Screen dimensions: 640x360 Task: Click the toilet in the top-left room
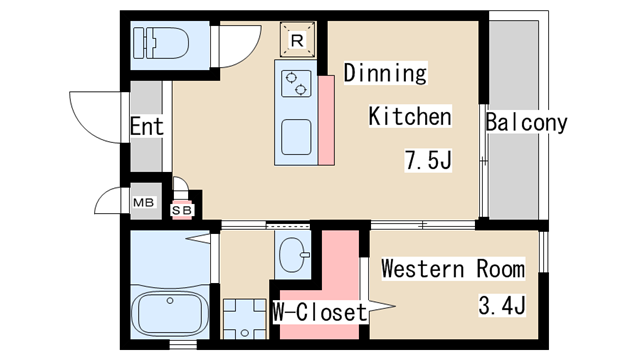click(x=161, y=43)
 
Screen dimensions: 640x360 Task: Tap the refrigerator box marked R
click(x=298, y=40)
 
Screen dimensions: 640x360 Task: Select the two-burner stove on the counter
click(x=296, y=83)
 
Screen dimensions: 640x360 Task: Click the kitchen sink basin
click(x=296, y=137)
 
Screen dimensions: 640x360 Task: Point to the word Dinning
click(x=385, y=73)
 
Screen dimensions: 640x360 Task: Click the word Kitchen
click(x=410, y=116)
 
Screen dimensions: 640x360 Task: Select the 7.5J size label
click(x=428, y=160)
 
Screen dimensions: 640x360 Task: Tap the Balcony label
click(x=527, y=122)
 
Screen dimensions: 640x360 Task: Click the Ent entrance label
click(x=147, y=126)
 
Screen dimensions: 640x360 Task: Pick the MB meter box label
click(x=144, y=202)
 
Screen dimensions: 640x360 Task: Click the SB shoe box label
click(x=182, y=210)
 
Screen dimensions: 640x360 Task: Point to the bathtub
click(x=169, y=313)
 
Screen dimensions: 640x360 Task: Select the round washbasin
click(x=293, y=255)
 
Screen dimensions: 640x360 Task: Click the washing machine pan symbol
click(x=244, y=319)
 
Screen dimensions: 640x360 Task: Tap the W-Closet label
click(x=320, y=312)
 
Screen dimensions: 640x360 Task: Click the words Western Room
click(x=453, y=269)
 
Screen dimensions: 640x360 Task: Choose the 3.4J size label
click(x=502, y=305)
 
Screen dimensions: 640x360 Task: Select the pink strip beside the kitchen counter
click(x=327, y=120)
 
